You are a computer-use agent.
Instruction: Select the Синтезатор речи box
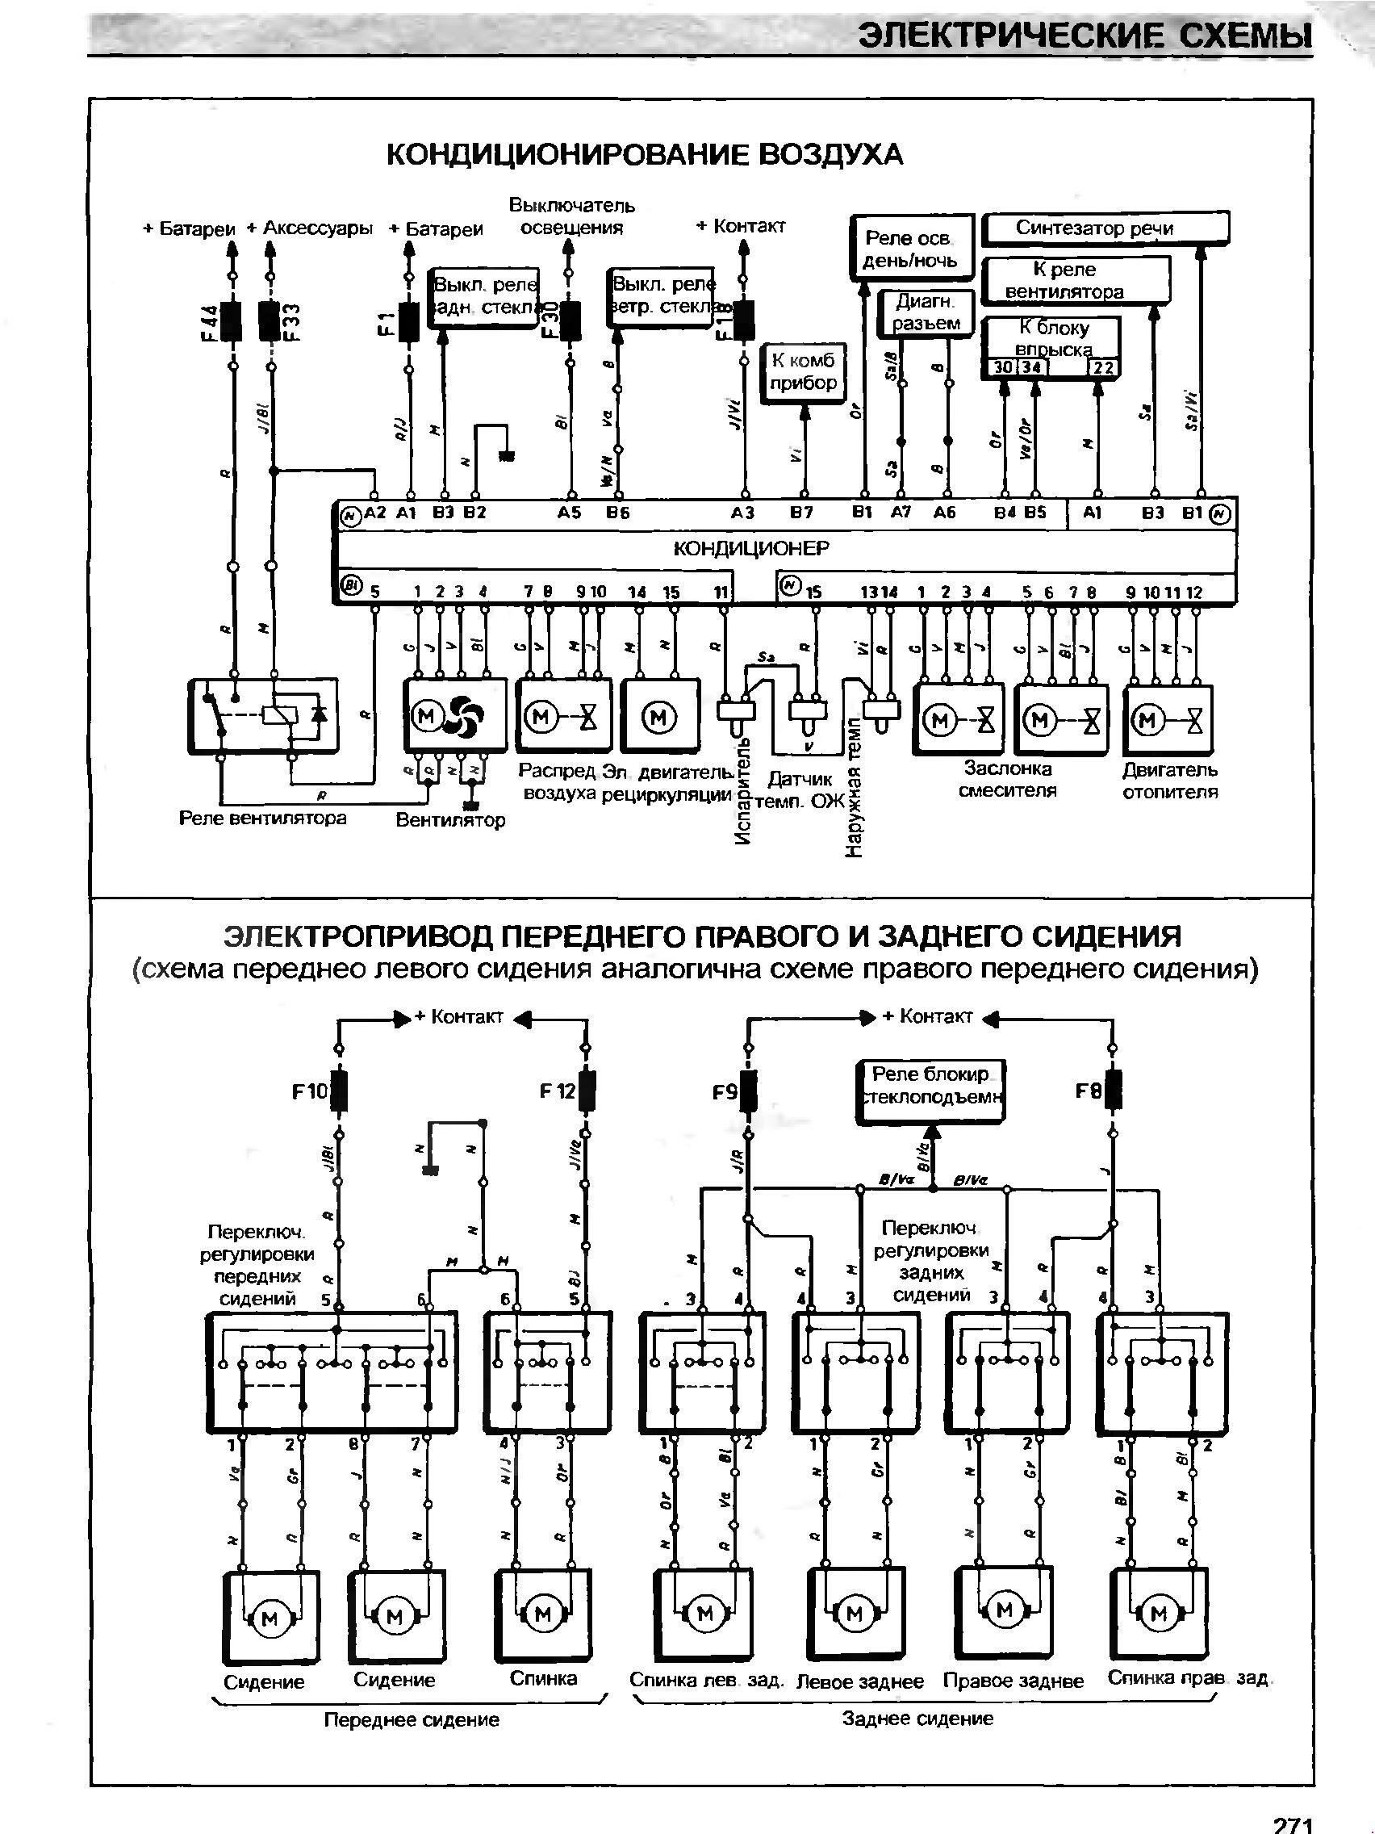tap(1104, 228)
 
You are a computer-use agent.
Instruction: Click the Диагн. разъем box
tap(926, 312)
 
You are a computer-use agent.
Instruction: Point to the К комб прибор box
tap(803, 372)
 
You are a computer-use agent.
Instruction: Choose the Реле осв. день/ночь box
tap(910, 249)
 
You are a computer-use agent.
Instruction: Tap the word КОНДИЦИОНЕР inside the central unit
tap(750, 548)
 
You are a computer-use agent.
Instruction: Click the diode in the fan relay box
tap(316, 713)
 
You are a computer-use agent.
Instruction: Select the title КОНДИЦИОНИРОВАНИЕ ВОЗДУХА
tap(644, 154)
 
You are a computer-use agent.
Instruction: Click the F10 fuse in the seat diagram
tap(338, 1091)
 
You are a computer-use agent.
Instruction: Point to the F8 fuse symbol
tap(1112, 1091)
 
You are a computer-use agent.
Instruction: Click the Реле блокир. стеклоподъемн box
tap(930, 1087)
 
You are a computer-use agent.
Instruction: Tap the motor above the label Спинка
tap(543, 1614)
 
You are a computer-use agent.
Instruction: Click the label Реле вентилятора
tap(263, 819)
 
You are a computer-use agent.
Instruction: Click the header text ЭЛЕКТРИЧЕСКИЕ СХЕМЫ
tap(1085, 36)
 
